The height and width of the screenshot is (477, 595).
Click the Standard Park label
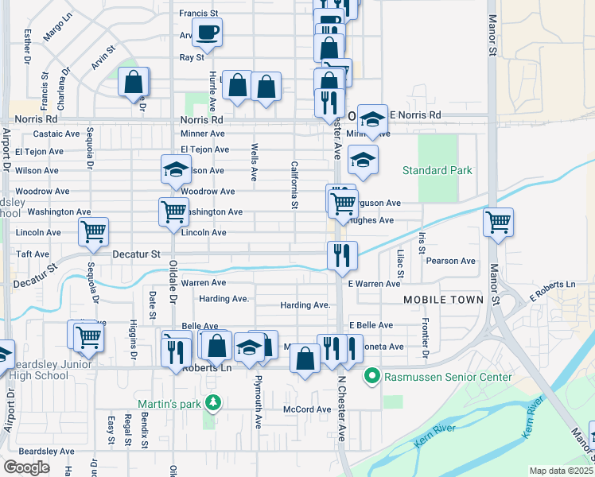[x=437, y=170]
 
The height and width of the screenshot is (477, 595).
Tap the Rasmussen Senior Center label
[x=447, y=376]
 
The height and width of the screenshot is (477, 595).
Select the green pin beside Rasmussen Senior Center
[x=371, y=376]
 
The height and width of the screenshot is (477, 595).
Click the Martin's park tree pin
[x=212, y=404]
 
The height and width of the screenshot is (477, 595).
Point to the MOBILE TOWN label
[x=443, y=300]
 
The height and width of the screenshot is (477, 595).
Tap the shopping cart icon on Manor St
[x=498, y=223]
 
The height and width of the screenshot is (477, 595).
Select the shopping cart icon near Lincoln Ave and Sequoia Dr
[x=93, y=232]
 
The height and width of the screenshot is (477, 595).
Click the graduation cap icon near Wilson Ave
[x=176, y=169]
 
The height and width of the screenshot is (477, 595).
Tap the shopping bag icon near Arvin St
[x=134, y=81]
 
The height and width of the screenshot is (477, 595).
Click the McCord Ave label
[x=307, y=409]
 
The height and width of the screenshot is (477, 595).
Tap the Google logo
[x=26, y=467]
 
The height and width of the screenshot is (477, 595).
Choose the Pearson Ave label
[x=450, y=261]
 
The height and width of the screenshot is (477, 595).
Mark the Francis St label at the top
[x=198, y=14]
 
